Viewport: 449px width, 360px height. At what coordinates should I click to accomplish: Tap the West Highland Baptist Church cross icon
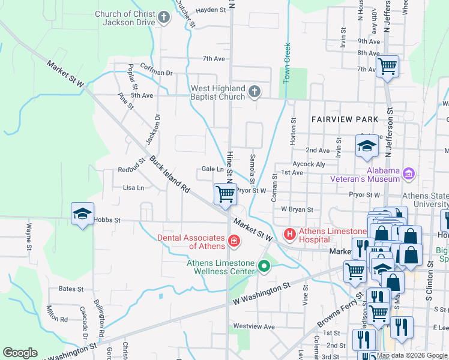(x=255, y=92)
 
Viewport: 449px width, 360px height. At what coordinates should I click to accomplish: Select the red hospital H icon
(x=289, y=233)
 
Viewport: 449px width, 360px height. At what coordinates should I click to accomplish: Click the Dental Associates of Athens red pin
(x=234, y=242)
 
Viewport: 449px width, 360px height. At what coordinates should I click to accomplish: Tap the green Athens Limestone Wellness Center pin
(x=263, y=266)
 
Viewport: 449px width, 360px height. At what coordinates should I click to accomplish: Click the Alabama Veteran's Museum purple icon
(x=409, y=174)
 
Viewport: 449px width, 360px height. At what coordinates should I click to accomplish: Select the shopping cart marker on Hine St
(x=225, y=194)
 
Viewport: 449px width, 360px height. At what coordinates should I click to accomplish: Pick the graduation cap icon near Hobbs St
(x=82, y=214)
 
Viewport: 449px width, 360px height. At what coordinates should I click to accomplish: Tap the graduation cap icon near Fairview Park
(x=367, y=146)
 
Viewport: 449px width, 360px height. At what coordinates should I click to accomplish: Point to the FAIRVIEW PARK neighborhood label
(x=345, y=119)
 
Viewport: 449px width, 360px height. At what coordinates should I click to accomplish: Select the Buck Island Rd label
(x=170, y=175)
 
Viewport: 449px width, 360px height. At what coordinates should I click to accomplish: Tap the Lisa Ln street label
(x=133, y=188)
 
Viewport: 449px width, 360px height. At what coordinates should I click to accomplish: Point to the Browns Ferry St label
(x=345, y=306)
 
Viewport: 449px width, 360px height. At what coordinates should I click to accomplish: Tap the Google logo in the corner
(x=20, y=353)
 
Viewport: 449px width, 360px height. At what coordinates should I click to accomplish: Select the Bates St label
(x=71, y=289)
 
